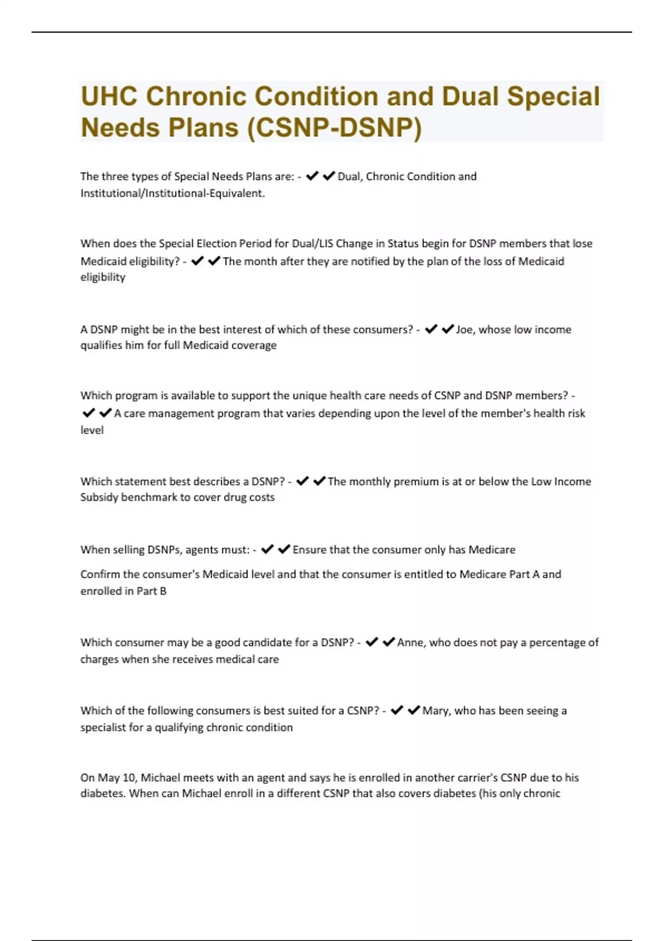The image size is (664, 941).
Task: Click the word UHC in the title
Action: tap(109, 96)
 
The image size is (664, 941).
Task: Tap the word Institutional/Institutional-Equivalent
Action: tap(172, 193)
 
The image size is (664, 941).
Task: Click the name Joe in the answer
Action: tap(464, 330)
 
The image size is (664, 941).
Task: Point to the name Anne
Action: tap(410, 643)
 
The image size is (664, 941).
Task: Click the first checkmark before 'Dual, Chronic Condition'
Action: tap(312, 177)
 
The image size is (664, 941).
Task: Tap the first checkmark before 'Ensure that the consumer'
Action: tap(267, 550)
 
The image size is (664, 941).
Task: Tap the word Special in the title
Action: tap(553, 96)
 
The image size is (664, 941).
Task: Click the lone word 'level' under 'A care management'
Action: tap(92, 430)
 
